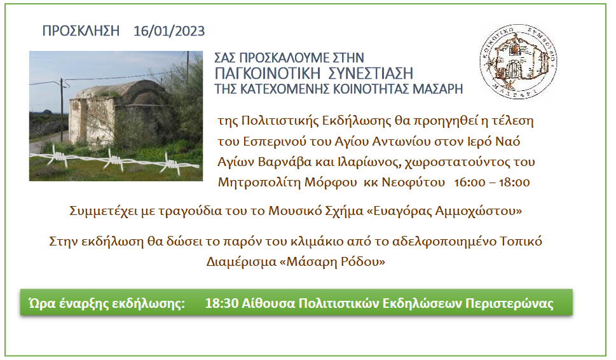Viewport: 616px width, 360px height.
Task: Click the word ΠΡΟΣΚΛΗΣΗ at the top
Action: click(x=81, y=31)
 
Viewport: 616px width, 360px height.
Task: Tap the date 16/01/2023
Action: click(x=169, y=31)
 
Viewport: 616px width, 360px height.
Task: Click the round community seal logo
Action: click(x=519, y=62)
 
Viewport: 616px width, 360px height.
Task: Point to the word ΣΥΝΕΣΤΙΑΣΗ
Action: click(x=371, y=73)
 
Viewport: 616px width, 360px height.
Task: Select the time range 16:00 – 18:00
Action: click(x=492, y=183)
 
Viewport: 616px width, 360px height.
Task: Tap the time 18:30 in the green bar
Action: click(x=221, y=303)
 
